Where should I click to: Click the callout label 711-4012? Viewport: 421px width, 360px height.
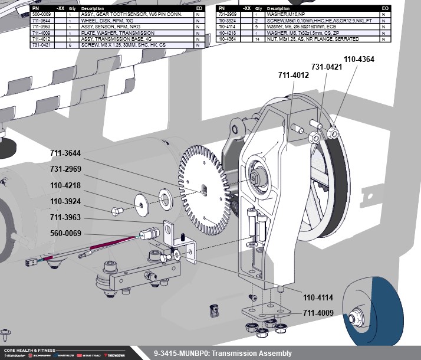tap(293, 75)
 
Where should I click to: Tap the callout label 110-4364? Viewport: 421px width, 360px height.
tap(359, 59)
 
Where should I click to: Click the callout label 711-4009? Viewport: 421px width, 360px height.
tap(318, 313)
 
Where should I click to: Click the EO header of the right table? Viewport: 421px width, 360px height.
tap(384, 8)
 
